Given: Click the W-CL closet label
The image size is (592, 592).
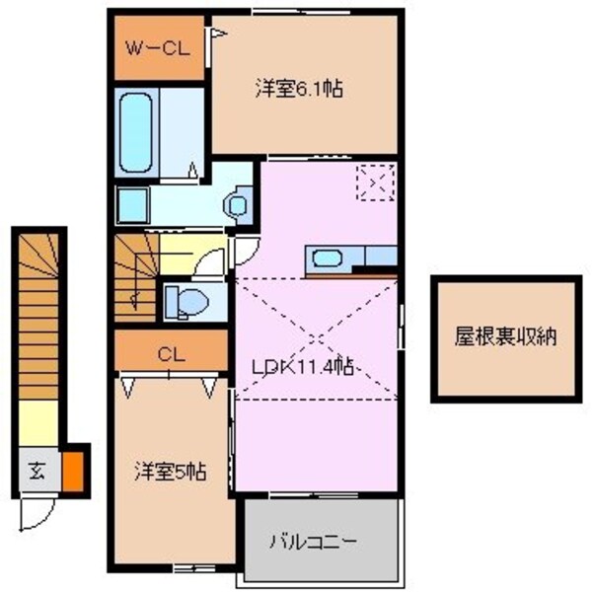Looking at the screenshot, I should (x=158, y=46).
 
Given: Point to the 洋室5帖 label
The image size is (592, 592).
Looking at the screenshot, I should (x=170, y=471).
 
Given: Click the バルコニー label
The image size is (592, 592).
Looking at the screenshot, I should (x=314, y=541).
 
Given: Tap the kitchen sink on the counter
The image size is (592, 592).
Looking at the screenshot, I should (x=327, y=259).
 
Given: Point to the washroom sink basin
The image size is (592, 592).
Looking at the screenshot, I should (x=237, y=205).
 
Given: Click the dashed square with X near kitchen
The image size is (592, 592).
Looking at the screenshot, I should (x=375, y=182).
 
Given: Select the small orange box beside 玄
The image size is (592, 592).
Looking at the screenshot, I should (x=71, y=470).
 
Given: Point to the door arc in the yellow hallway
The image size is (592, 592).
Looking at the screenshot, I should (x=210, y=260).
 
